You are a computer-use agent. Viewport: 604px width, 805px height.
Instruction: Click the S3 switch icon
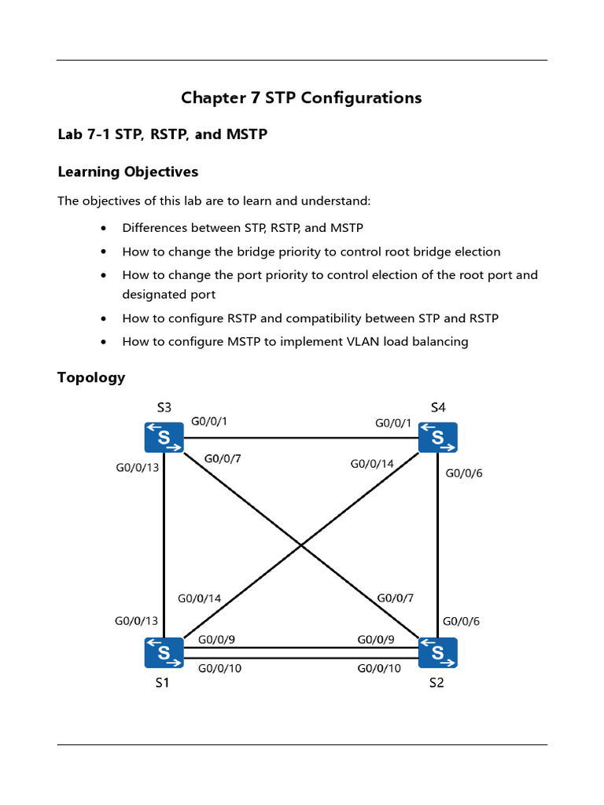click(164, 437)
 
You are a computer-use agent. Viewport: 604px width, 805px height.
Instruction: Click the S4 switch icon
click(438, 437)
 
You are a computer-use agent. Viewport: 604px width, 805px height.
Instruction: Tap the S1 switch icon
click(164, 652)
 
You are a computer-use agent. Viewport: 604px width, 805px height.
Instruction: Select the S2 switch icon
click(438, 652)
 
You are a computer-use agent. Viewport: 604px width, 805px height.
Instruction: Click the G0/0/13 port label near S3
click(138, 469)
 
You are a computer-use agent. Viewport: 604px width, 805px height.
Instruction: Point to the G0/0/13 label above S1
click(137, 621)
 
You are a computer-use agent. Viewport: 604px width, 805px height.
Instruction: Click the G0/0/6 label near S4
click(464, 473)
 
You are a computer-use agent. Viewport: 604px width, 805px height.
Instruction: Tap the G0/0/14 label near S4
click(372, 464)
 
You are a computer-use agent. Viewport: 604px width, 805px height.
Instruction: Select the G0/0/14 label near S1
click(200, 598)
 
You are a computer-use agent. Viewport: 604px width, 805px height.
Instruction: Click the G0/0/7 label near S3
click(223, 458)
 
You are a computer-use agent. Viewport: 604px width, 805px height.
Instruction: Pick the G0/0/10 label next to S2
click(379, 668)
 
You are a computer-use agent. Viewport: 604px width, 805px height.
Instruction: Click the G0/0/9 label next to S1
click(216, 640)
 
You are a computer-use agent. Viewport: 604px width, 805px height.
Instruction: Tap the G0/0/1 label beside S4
click(393, 424)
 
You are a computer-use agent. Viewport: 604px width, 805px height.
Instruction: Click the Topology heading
click(91, 377)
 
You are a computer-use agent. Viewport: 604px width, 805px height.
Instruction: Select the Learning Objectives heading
click(127, 171)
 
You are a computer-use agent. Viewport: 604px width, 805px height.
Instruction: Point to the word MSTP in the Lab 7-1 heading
click(247, 134)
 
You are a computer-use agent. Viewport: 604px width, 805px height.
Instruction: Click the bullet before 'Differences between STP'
click(105, 229)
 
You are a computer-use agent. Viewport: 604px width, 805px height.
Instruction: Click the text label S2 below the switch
click(436, 683)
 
